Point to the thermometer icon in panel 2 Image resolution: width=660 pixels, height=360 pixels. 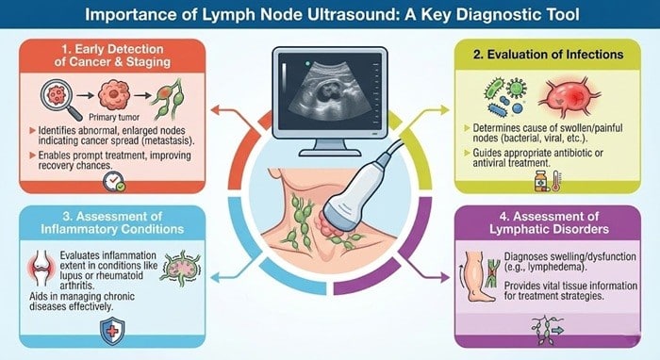(557, 179)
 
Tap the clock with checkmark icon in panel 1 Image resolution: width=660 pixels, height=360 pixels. (119, 184)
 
